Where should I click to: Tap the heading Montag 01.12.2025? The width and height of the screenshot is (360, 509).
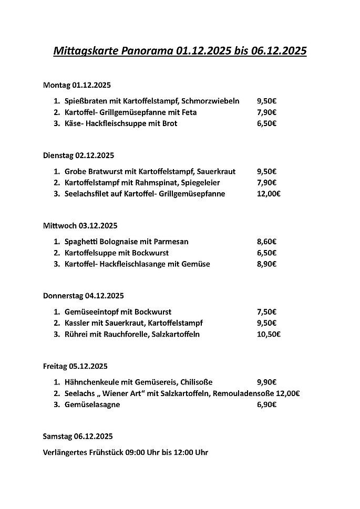tap(77, 85)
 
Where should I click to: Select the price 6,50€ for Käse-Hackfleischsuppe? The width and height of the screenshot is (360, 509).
tap(266, 123)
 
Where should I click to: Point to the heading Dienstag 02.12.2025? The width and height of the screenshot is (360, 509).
tap(78, 155)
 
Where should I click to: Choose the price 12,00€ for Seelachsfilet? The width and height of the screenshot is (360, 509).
tap(269, 194)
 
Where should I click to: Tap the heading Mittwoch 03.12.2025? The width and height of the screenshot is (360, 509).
tap(80, 226)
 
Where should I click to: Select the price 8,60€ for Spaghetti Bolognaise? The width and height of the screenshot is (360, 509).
tap(266, 242)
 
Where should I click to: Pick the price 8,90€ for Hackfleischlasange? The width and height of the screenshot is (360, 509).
tap(266, 264)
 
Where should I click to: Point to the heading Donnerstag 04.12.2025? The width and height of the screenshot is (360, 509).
tap(83, 296)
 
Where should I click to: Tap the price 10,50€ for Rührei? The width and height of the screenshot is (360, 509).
tap(269, 334)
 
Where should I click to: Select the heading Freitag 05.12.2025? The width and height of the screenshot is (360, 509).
tap(75, 367)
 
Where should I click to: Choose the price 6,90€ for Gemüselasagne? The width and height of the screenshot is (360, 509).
tap(266, 404)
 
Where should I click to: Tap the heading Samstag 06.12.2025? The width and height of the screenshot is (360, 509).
tap(78, 437)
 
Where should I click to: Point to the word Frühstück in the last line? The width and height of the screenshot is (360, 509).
tap(103, 452)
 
